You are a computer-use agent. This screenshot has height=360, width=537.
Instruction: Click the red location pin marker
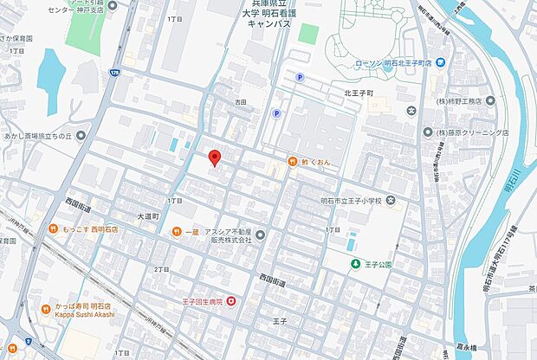216,157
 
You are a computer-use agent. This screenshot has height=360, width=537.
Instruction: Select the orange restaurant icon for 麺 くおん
293,162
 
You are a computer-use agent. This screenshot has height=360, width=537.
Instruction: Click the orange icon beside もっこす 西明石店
55,229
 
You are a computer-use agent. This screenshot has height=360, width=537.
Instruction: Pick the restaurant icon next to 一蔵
177,231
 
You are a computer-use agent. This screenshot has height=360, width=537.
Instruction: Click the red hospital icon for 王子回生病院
230,301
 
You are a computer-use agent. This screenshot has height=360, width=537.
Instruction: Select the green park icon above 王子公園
353,263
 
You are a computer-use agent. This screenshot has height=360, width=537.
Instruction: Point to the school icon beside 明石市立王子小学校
391,202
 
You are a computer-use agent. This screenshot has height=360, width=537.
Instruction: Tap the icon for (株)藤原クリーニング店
428,132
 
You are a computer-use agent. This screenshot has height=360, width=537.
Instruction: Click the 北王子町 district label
358,91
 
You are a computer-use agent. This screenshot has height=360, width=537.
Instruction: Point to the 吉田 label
240,101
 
